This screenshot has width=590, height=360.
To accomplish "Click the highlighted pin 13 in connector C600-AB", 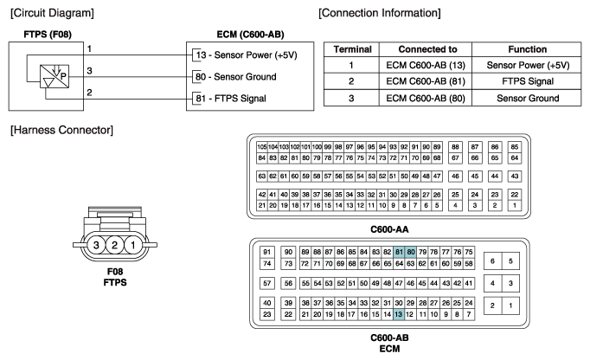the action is [399, 314].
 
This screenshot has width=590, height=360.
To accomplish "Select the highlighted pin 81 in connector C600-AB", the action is [399, 252].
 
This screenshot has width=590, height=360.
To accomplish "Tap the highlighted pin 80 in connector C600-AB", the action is [411, 252].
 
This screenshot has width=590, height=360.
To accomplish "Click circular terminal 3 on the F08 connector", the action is [96, 245].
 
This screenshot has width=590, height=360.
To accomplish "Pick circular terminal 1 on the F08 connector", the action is [133, 245].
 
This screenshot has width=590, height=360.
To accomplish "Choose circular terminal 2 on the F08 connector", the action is [114, 245].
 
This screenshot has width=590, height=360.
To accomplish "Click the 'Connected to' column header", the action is [427, 49].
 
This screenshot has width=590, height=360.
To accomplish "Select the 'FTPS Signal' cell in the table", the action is [528, 81].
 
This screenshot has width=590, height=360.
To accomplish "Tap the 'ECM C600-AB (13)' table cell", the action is [426, 65].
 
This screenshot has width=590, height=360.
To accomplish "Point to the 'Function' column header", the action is [528, 49].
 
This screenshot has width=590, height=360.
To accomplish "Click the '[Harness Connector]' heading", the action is [61, 130].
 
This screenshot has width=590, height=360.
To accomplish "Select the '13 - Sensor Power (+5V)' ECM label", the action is [246, 55].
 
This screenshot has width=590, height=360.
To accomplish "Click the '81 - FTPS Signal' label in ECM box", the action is [231, 99].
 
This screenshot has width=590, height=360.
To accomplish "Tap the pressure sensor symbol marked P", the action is [55, 76].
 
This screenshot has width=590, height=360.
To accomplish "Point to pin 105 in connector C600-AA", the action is [262, 147].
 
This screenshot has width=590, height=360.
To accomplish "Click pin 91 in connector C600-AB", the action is [267, 252].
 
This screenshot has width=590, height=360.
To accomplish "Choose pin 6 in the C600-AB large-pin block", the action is [492, 261].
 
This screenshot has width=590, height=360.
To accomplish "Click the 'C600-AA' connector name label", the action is [389, 229].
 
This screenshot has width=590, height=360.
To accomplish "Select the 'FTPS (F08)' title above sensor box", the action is [48, 35].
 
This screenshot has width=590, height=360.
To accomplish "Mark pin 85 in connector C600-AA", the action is [515, 147].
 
